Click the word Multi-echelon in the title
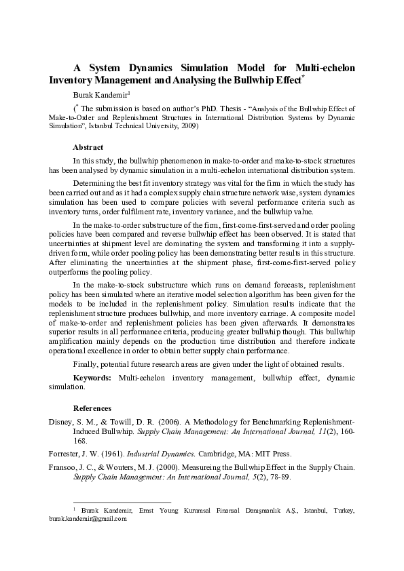coord(325,68)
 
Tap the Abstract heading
coord(88,147)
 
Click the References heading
coord(92,408)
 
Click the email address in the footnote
coord(88,519)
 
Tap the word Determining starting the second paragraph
coord(93,183)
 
